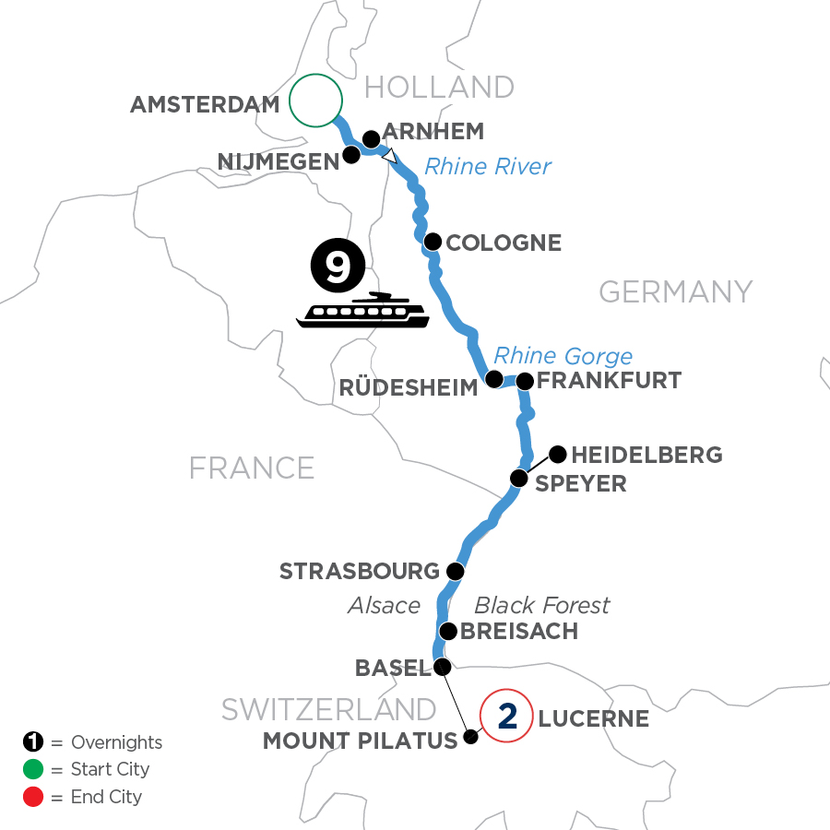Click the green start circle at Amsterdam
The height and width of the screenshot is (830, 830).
pyautogui.click(x=315, y=100)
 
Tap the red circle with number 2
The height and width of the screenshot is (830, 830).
pyautogui.click(x=506, y=716)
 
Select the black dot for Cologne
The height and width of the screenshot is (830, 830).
pyautogui.click(x=432, y=242)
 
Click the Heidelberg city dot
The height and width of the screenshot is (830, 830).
pyautogui.click(x=558, y=453)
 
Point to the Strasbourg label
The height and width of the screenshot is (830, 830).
pyautogui.click(x=360, y=572)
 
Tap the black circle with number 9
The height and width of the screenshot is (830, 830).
pyautogui.click(x=338, y=267)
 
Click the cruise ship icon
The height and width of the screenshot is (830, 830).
pyautogui.click(x=362, y=311)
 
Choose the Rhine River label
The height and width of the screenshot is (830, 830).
pyautogui.click(x=487, y=166)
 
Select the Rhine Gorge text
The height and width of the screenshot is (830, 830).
pyautogui.click(x=563, y=356)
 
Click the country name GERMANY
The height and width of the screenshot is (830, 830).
pyautogui.click(x=675, y=292)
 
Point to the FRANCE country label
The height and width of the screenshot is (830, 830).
pyautogui.click(x=252, y=468)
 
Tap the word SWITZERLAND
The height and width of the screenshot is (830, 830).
pyautogui.click(x=328, y=709)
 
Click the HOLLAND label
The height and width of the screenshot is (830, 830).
pyautogui.click(x=439, y=88)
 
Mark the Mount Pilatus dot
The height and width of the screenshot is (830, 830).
pyautogui.click(x=471, y=736)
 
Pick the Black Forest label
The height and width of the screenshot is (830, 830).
pyautogui.click(x=541, y=605)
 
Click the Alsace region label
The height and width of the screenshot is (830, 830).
pyautogui.click(x=384, y=605)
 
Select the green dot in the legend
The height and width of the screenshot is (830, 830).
pyautogui.click(x=31, y=769)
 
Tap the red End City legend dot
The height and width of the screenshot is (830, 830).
pyautogui.click(x=31, y=796)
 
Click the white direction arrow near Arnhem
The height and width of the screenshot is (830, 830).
pyautogui.click(x=391, y=157)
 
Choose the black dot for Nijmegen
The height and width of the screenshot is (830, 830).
pyautogui.click(x=351, y=154)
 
